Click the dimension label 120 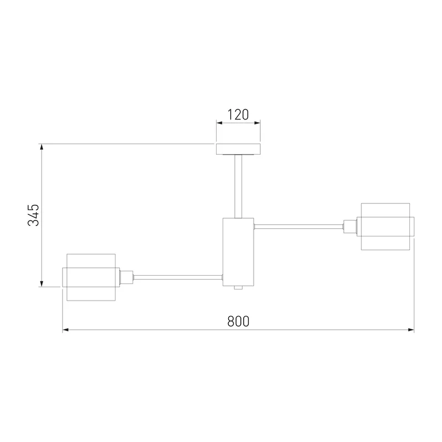238,115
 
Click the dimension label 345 33,215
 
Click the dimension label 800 238,322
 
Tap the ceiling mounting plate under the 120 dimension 238,149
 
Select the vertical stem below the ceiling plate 238,186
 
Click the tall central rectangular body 238,252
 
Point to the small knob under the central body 238,287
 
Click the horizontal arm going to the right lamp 299,227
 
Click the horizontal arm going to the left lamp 178,277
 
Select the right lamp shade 385,227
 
